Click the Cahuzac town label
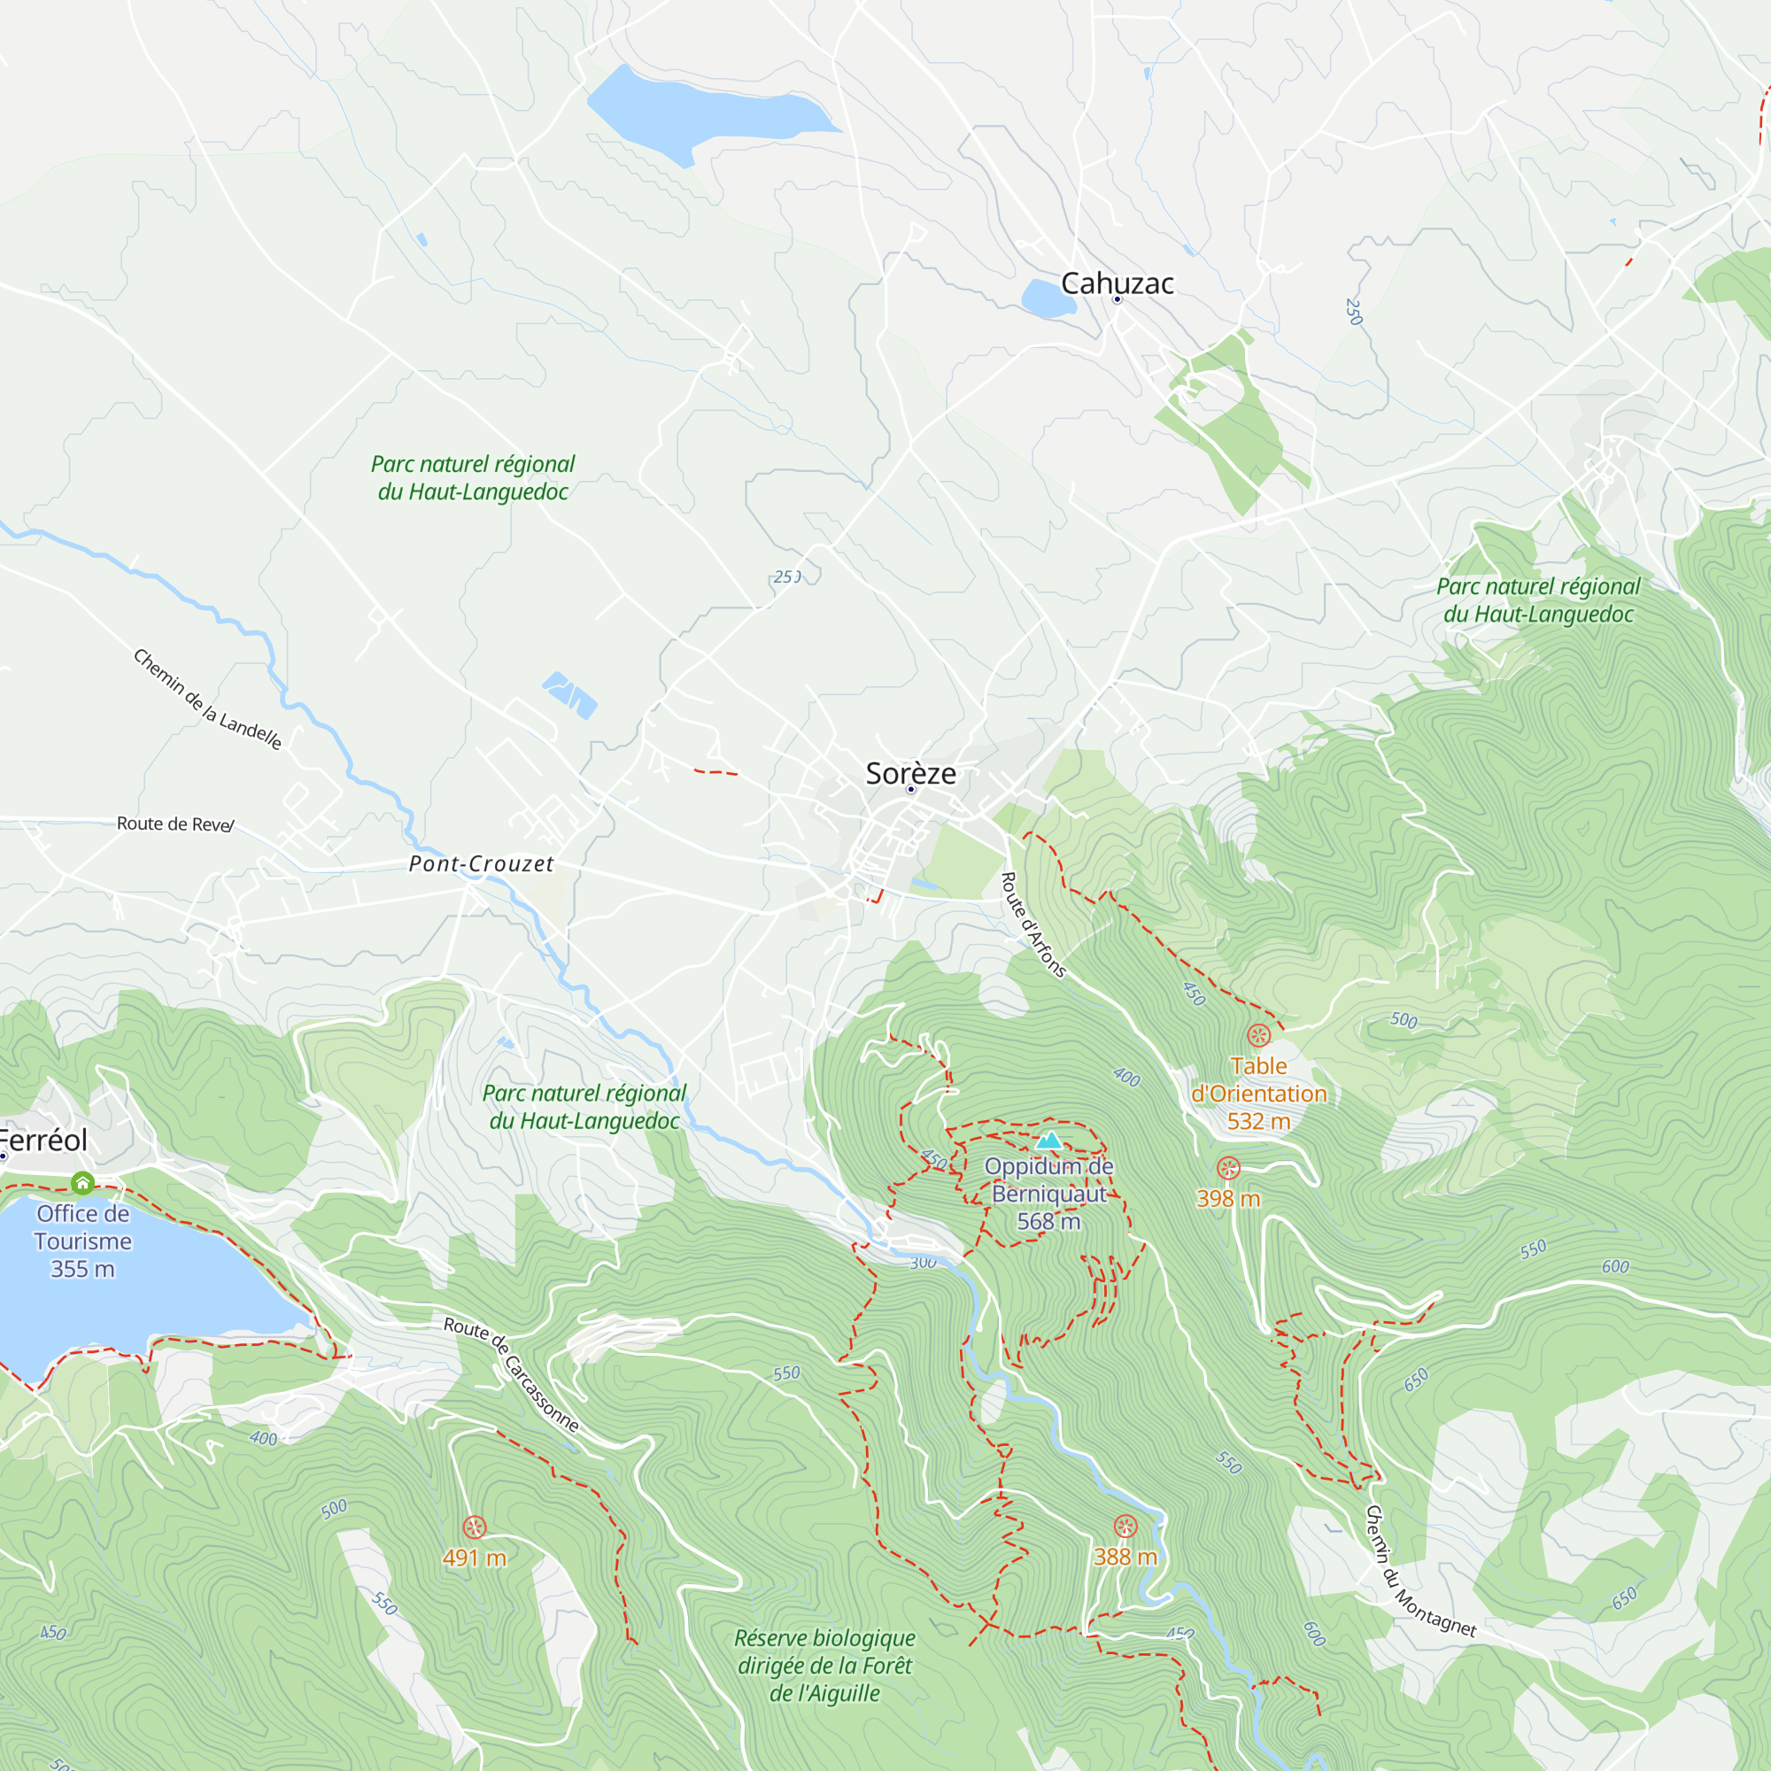pos(1117,283)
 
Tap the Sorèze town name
pos(910,773)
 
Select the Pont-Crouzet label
pos(481,863)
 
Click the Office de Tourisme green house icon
pos(82,1182)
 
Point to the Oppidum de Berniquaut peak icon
pos(1048,1141)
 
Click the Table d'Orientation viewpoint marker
pos(1258,1036)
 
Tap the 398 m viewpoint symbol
pos(1228,1168)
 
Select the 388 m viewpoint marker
pos(1125,1527)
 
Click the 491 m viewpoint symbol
pos(474,1527)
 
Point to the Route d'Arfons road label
pos(1033,925)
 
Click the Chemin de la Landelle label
pos(207,700)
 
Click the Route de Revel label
pos(175,824)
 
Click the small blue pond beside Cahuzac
pos(1047,298)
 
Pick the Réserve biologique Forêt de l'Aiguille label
pos(824,1666)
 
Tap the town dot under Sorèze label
pos(910,789)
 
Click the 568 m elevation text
pos(1048,1222)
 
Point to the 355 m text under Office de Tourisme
pos(82,1269)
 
